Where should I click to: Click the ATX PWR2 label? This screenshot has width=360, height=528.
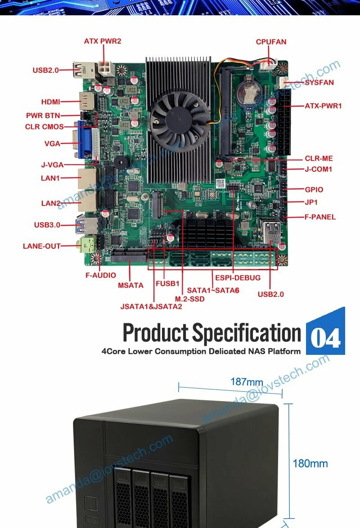point(103,41)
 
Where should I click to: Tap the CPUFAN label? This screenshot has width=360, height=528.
point(271,42)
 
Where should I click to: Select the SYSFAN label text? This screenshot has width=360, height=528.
point(319,83)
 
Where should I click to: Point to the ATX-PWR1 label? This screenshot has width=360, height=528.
point(323,106)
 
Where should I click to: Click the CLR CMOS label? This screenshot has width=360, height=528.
point(44,127)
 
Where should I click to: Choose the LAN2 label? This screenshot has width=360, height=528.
point(51,203)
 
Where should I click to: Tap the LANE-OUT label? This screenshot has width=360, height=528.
point(41,246)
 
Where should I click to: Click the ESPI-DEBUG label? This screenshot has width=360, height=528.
point(238,277)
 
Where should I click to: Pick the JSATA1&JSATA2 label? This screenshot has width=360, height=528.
point(151,307)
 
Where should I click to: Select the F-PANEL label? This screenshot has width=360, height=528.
point(320,217)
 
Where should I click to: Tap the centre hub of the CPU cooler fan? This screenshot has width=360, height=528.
point(180,116)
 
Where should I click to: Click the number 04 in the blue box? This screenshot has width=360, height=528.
point(325,338)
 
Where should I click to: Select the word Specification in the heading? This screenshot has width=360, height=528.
point(247,333)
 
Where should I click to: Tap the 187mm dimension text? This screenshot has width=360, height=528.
point(247,382)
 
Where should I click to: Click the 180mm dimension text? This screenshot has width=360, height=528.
point(310,463)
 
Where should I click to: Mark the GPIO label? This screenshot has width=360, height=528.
point(314,190)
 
